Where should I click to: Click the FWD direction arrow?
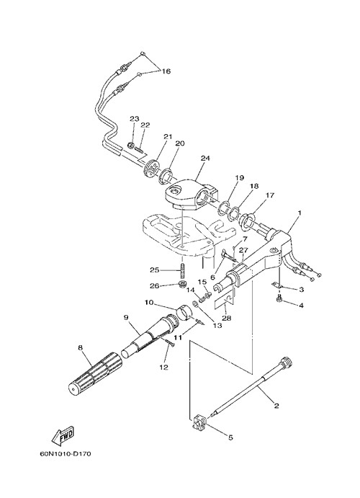tap(63, 434)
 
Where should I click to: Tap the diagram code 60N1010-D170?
tap(66, 454)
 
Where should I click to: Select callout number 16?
tap(166, 71)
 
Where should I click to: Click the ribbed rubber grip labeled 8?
tap(94, 374)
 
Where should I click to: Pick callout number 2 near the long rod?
tap(276, 406)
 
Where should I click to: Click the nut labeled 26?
tap(183, 284)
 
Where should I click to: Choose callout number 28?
tap(227, 318)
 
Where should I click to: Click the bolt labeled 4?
tap(279, 299)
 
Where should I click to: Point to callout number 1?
tap(299, 213)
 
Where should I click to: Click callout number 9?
tap(125, 316)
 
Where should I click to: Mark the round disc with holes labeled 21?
tap(150, 168)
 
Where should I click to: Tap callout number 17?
tap(270, 195)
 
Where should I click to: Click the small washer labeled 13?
tap(196, 304)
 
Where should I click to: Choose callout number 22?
tap(145, 125)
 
